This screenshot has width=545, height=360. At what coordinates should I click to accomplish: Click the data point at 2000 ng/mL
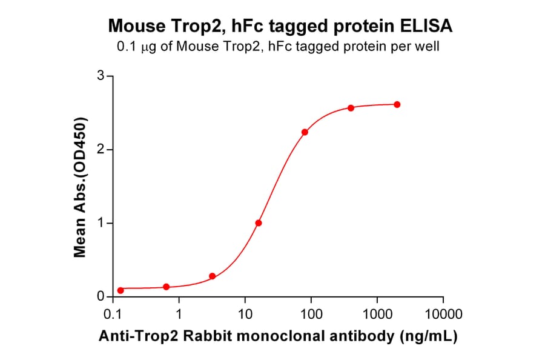click(x=397, y=104)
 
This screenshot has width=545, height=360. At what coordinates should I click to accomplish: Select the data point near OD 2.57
click(x=351, y=108)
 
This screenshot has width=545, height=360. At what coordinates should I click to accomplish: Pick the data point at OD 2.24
click(x=305, y=132)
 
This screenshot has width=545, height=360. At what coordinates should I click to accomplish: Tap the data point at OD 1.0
click(x=259, y=223)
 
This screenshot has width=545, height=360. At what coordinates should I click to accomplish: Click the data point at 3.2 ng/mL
click(x=213, y=276)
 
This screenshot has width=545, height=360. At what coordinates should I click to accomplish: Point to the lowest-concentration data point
click(x=121, y=290)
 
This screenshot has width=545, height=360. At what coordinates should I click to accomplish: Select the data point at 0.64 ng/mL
click(x=167, y=287)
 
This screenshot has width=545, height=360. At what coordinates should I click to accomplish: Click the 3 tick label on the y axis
click(x=101, y=76)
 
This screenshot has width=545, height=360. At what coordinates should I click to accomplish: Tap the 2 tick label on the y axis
click(x=101, y=150)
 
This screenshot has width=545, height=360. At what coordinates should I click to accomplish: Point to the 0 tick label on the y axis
click(x=101, y=297)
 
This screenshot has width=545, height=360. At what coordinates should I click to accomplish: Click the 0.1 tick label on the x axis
click(x=113, y=314)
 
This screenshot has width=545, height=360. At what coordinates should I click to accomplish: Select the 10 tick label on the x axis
click(x=245, y=314)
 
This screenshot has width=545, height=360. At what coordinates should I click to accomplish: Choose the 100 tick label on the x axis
click(x=311, y=314)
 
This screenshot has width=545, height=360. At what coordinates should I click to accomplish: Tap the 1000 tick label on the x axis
click(x=377, y=314)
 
